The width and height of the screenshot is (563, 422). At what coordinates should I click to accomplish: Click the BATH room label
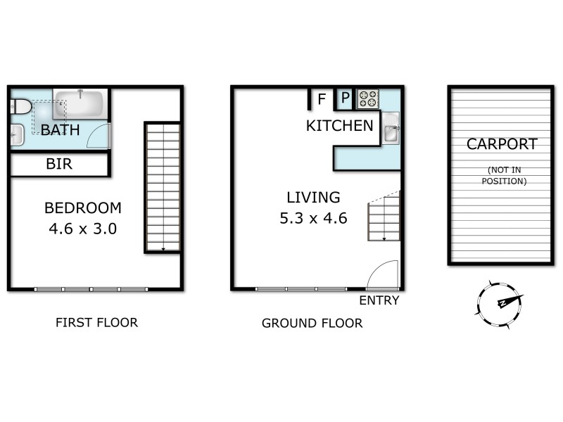pos(60,130)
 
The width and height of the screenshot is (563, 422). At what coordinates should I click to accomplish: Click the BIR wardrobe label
pos(59,165)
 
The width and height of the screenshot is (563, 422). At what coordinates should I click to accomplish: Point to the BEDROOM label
pos(82,208)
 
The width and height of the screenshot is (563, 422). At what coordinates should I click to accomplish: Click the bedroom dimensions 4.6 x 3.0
pos(82,229)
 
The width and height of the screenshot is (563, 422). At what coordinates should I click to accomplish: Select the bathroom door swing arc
pos(98,135)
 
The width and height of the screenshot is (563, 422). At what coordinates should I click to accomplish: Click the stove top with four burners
pos(368,99)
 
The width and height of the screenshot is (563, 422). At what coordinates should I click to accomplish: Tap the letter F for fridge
pos(322,99)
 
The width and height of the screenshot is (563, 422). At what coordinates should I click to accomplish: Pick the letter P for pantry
pos(346,99)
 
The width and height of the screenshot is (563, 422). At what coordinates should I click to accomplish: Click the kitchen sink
pos(391,128)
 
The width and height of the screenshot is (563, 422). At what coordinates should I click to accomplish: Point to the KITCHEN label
pos(339,127)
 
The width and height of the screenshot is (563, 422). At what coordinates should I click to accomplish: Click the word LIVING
pos(313,198)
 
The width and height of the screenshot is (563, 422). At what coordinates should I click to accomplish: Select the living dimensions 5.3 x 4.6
pos(313,218)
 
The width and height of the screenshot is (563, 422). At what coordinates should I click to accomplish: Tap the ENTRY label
pos(379,300)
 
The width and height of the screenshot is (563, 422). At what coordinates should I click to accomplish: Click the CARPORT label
pos(502,144)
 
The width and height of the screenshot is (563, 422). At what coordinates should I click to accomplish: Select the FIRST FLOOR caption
pos(96,323)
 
